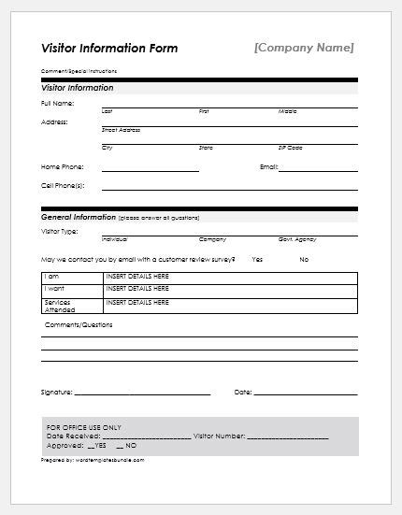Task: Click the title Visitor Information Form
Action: click(x=109, y=48)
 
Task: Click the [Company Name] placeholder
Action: click(x=304, y=47)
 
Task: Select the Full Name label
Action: click(x=58, y=103)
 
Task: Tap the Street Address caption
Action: click(x=121, y=130)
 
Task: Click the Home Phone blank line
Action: click(x=150, y=170)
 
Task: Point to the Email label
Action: click(x=268, y=166)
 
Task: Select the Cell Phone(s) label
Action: click(x=63, y=185)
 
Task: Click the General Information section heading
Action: click(x=79, y=216)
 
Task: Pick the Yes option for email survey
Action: click(x=257, y=259)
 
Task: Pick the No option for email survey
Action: click(x=304, y=259)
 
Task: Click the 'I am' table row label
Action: click(x=52, y=277)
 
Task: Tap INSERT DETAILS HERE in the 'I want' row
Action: click(x=137, y=290)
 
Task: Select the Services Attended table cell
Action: click(x=58, y=306)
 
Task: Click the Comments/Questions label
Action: click(x=79, y=325)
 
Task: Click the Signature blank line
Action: click(x=150, y=394)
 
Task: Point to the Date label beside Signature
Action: click(x=243, y=392)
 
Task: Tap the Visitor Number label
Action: click(x=221, y=436)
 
